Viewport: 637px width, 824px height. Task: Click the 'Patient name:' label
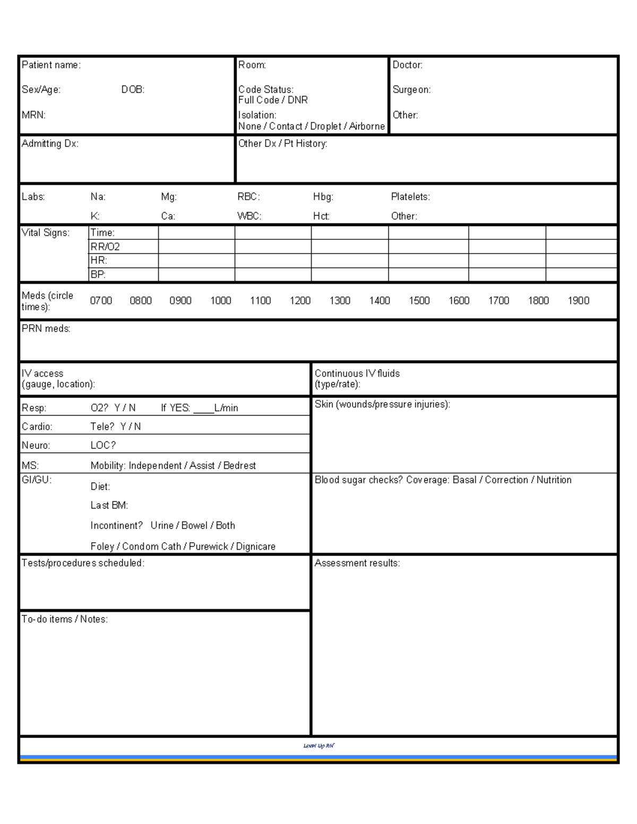coord(51,65)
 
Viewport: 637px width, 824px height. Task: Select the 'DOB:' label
coord(133,90)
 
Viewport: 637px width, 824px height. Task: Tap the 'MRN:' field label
coord(33,115)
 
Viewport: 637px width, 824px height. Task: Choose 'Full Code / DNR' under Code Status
coord(273,100)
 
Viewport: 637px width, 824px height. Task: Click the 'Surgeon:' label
coord(411,90)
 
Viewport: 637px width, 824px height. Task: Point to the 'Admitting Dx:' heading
coord(50,143)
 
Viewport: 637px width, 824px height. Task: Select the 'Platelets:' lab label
coord(410,197)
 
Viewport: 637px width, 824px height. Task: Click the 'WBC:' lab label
coord(249,216)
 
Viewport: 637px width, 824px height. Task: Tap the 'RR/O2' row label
coord(105,247)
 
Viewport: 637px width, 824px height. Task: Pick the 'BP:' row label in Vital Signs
coord(98,274)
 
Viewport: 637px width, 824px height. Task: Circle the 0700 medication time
coord(101,301)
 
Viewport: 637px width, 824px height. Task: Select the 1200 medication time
coord(300,301)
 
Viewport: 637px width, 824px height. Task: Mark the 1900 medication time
coord(578,301)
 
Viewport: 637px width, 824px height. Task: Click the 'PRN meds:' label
coord(46,329)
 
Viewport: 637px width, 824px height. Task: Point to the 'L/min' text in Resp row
coord(226,408)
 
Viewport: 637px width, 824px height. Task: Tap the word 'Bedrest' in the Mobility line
coord(239,466)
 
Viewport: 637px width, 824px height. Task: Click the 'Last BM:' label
coord(109,506)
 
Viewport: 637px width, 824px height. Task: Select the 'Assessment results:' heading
coord(357,563)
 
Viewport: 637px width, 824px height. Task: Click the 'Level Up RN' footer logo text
coord(318,745)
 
